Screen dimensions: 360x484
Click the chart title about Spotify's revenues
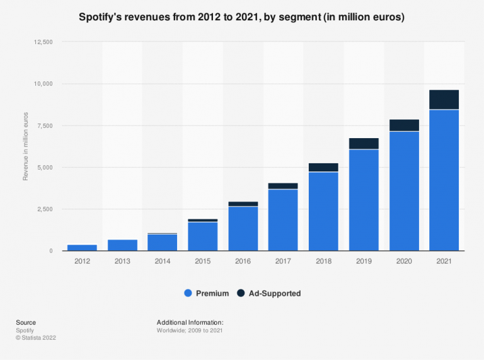[x=242, y=18]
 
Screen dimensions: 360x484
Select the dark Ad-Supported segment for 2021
[x=444, y=100]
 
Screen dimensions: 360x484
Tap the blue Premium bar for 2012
[x=82, y=247]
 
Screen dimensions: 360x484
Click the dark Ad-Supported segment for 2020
[x=404, y=125]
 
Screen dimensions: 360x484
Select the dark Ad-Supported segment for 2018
[x=323, y=167]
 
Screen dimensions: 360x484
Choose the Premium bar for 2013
[x=122, y=245]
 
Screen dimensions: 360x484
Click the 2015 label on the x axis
[x=203, y=260]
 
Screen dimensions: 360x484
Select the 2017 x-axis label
[x=283, y=260]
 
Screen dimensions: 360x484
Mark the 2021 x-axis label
[x=444, y=260]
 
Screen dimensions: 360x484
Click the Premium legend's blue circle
[x=188, y=293]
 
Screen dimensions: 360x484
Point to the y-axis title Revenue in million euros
[x=26, y=147]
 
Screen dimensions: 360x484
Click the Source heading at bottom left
[x=26, y=322]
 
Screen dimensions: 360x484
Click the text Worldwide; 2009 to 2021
[x=189, y=330]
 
